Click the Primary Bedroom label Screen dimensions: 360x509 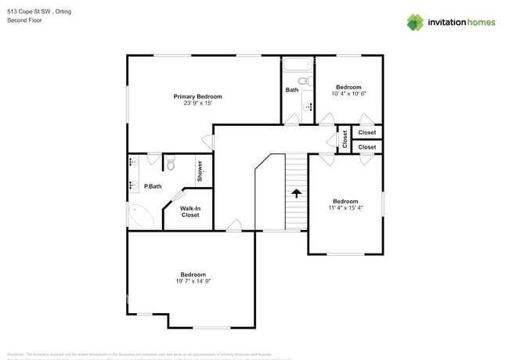point(197,96)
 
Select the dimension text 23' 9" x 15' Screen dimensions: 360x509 point(197,103)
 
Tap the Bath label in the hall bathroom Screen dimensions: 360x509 point(291,90)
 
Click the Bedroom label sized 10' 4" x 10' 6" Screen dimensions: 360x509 point(348,87)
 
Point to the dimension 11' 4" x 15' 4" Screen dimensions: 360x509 point(345,208)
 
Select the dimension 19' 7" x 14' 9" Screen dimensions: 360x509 point(193,281)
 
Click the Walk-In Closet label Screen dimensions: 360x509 point(190,211)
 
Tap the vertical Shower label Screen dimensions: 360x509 point(200,171)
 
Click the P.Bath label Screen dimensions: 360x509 point(153,186)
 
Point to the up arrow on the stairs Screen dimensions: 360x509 point(297,193)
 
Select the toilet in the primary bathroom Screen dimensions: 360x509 point(171,164)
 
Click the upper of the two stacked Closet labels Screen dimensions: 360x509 point(366,132)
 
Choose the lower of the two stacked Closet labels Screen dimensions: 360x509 point(366,147)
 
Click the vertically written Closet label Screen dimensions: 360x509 point(345,139)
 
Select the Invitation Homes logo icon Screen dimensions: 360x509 point(415,22)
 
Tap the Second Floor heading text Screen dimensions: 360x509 point(24,20)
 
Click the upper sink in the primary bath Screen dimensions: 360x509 point(131,164)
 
